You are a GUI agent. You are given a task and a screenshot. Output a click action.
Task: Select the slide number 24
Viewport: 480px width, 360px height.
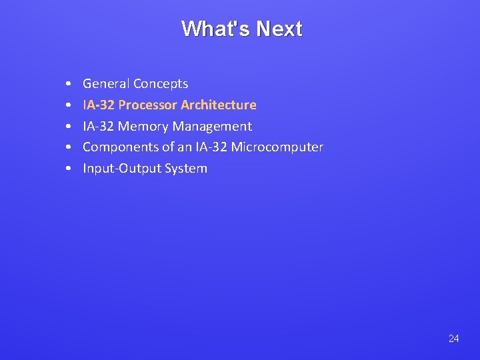click(453, 339)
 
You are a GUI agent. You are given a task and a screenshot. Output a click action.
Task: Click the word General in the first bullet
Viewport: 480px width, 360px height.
click(106, 84)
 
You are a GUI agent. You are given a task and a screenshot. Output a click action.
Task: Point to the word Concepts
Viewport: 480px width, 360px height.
click(161, 84)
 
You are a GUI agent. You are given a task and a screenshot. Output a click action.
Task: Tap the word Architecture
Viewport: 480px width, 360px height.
click(218, 105)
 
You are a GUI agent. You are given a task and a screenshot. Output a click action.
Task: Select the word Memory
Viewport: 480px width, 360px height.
click(143, 126)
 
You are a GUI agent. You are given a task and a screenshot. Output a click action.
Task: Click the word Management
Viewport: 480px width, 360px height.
click(212, 126)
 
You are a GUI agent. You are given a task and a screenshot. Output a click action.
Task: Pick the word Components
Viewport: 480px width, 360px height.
click(121, 147)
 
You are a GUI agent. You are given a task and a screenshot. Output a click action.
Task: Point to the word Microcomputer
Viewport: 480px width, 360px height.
click(277, 147)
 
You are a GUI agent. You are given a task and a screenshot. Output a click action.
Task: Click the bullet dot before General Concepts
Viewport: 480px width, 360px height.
click(69, 85)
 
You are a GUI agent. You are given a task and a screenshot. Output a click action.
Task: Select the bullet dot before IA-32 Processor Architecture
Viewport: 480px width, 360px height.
click(69, 105)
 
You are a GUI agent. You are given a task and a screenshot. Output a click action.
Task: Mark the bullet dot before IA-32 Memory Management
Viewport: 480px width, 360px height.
click(69, 127)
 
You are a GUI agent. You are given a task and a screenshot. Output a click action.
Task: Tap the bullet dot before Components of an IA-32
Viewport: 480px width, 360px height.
click(69, 147)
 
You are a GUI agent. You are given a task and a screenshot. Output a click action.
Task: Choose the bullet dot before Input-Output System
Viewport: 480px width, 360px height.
click(69, 169)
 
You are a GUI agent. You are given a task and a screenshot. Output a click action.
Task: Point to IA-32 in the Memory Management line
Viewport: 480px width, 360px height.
click(98, 126)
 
